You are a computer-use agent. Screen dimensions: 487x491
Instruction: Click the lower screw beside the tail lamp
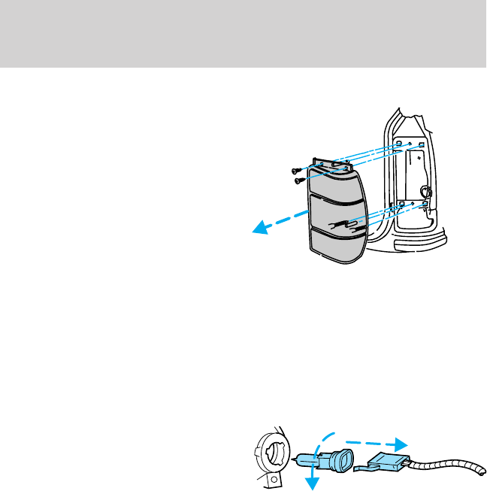pyautogui.click(x=298, y=180)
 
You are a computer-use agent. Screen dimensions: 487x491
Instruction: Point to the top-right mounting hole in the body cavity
pyautogui.click(x=422, y=144)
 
